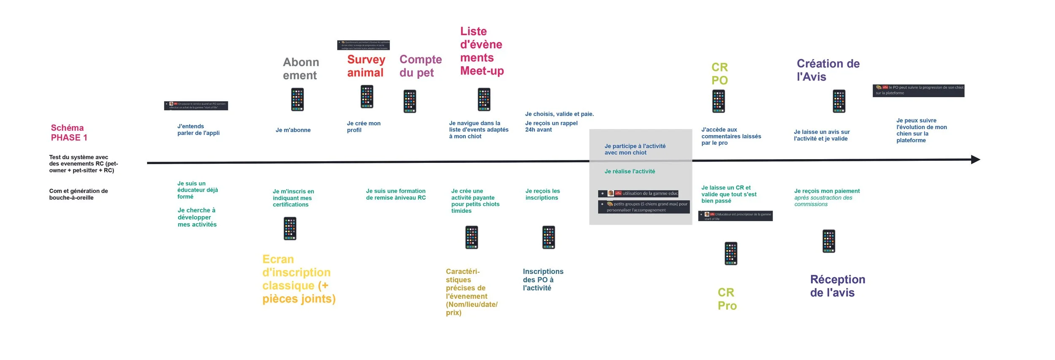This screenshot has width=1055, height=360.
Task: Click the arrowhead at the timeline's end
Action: point(975,160)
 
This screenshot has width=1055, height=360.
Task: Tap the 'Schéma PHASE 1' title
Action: point(69,133)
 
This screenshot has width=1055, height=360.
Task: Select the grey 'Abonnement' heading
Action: point(300,69)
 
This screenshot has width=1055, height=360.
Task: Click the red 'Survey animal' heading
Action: point(366,66)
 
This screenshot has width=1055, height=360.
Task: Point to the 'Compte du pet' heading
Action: point(420,66)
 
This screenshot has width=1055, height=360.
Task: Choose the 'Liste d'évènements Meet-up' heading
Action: point(482,51)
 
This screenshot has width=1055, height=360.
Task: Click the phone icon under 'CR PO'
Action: point(718,102)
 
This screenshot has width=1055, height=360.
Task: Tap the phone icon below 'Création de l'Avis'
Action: point(839,101)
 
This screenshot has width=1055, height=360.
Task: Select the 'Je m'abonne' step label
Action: point(293,130)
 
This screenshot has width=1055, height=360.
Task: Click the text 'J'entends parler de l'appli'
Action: point(198,130)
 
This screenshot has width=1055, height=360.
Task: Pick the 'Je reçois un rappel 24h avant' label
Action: point(551,126)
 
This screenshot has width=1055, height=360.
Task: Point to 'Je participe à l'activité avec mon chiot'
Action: point(635,149)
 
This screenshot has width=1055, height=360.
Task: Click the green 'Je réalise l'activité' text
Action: point(630,171)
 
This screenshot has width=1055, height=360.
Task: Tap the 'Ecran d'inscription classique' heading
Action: point(298,279)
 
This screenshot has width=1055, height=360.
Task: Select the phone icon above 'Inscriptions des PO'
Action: point(548,237)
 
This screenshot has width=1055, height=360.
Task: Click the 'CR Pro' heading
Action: point(727,299)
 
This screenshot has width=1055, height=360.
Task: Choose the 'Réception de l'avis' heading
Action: point(837,286)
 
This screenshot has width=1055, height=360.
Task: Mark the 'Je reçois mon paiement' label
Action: point(827,191)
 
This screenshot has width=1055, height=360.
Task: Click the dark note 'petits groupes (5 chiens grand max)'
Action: point(644,207)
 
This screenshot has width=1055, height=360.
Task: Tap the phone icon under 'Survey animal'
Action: point(367,97)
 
